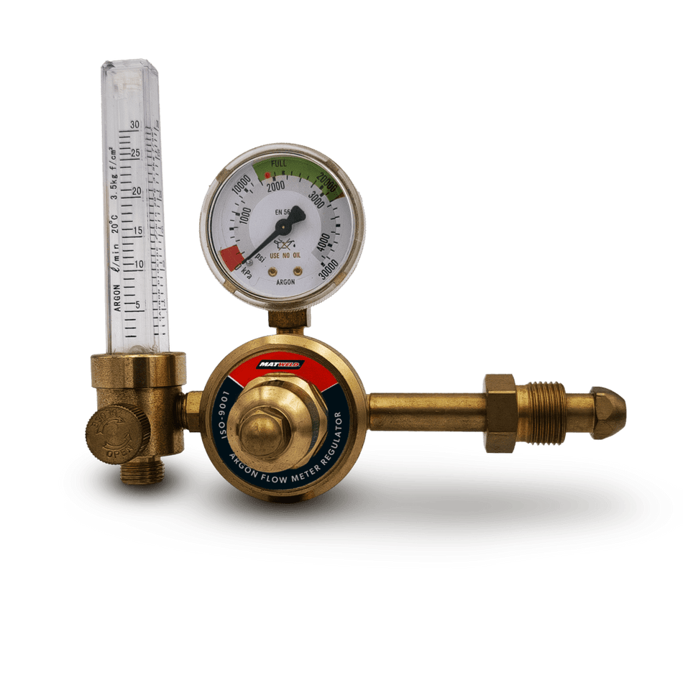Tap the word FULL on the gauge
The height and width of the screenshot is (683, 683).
click(x=279, y=164)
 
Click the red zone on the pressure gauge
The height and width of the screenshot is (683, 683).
click(x=232, y=256)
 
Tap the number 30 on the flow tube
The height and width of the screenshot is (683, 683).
click(x=134, y=124)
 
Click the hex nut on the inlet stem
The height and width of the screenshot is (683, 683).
click(x=500, y=413)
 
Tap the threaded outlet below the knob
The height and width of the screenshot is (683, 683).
click(x=142, y=472)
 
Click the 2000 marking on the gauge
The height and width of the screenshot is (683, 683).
click(x=275, y=186)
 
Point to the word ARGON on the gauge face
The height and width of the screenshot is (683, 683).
click(x=285, y=282)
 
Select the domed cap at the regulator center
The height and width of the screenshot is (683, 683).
click(x=261, y=430)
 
